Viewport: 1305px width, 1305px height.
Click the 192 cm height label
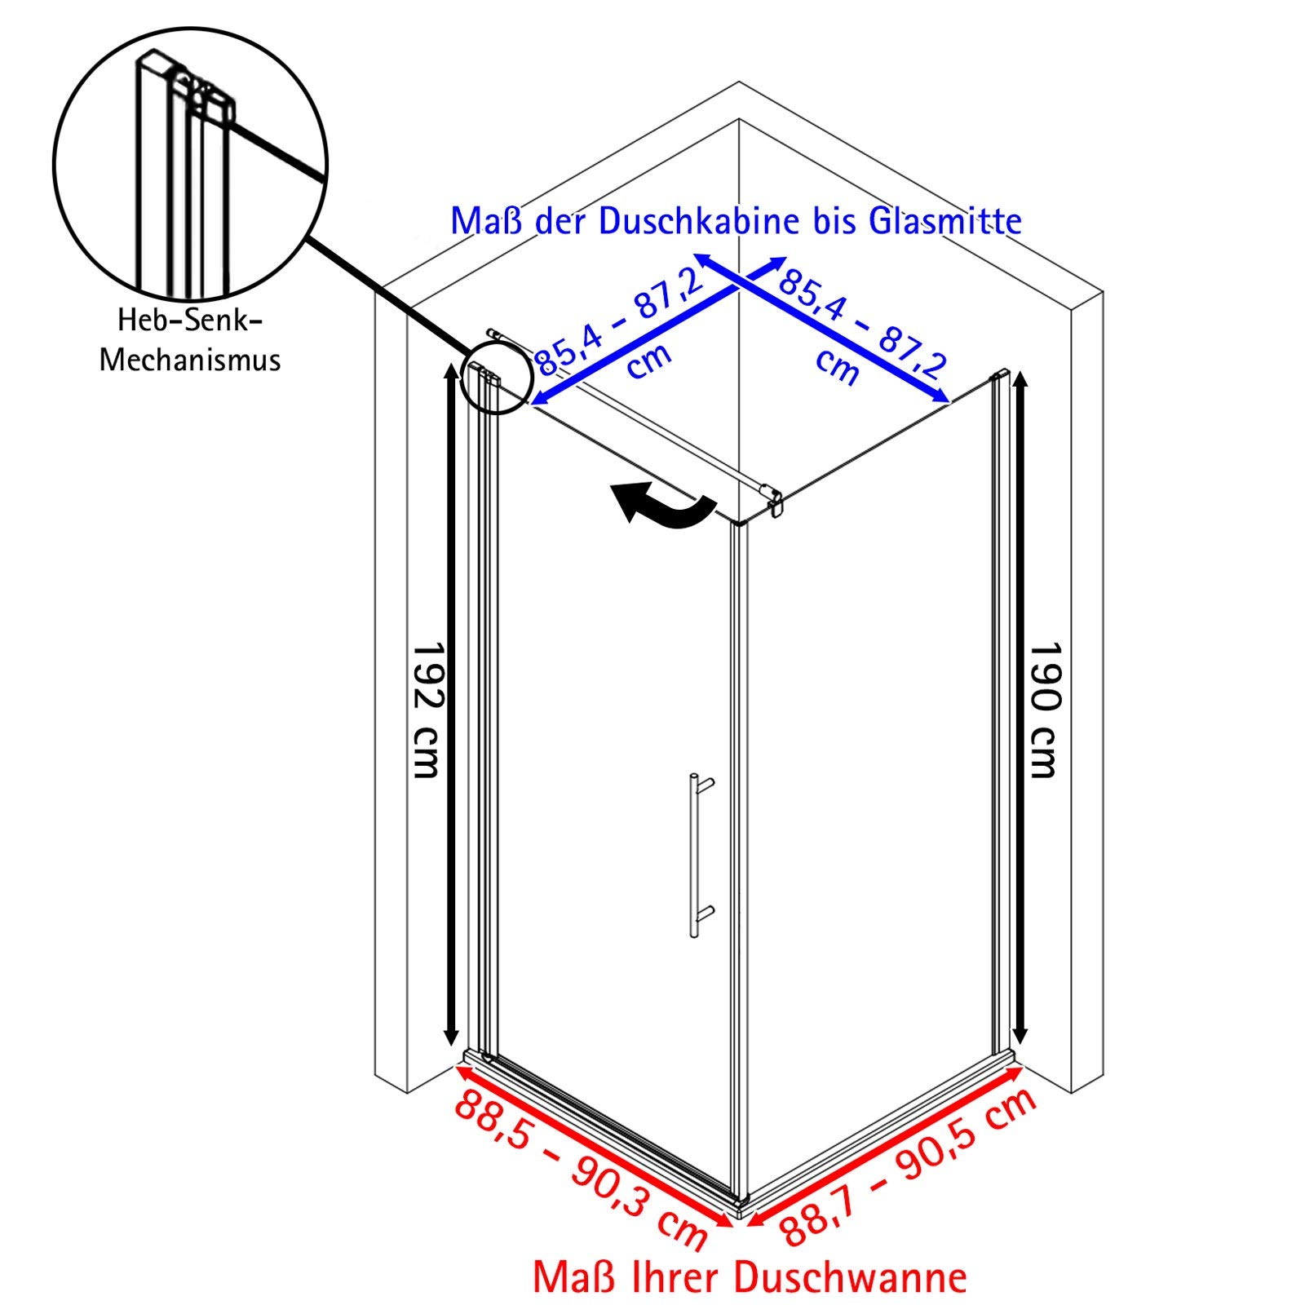426,710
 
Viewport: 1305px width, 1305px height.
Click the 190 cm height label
1044,710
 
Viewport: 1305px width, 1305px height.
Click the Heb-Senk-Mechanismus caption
190,340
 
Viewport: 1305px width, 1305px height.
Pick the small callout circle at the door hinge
496,378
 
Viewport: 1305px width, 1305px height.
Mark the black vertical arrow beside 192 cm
450,706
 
